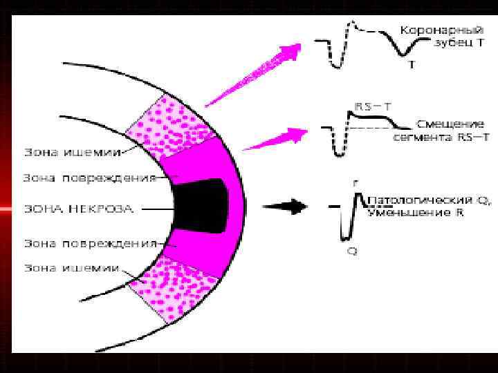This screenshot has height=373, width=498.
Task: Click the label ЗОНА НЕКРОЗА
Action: pyautogui.click(x=76, y=208)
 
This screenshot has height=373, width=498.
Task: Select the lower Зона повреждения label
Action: pyautogui.click(x=88, y=243)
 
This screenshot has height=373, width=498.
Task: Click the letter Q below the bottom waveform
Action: pyautogui.click(x=351, y=251)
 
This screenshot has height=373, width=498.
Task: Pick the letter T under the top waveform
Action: pyautogui.click(x=412, y=66)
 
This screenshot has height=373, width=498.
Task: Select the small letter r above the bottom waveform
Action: pyautogui.click(x=355, y=184)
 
